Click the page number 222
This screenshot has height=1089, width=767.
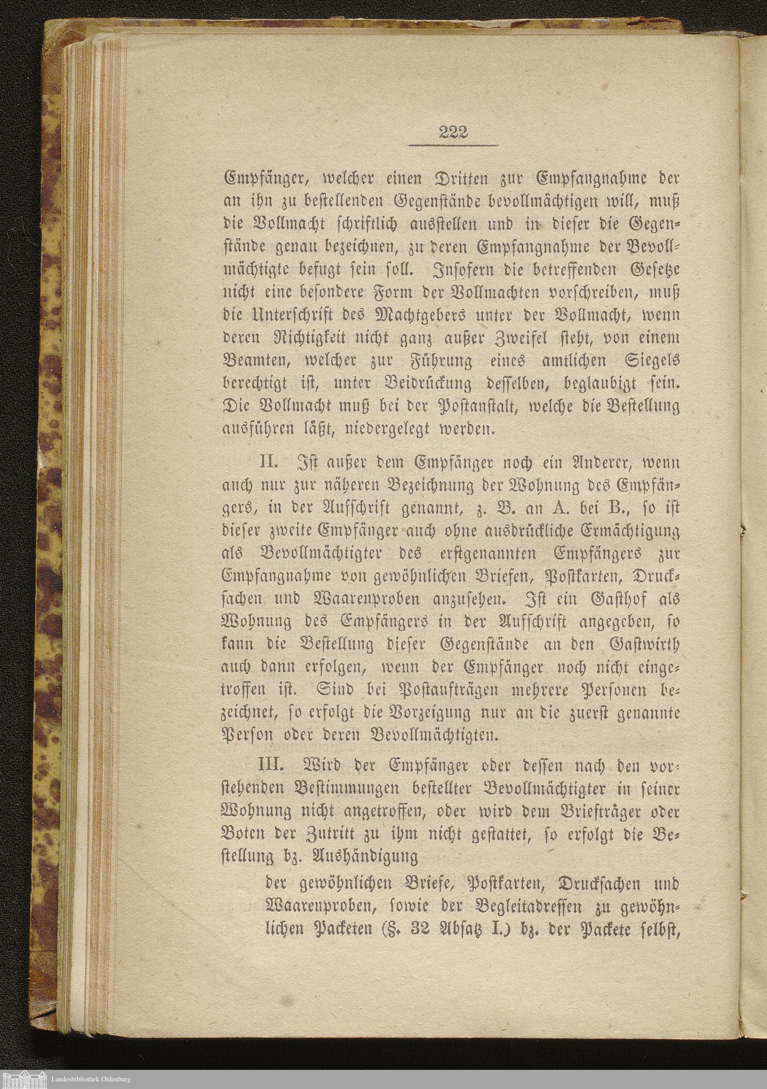[453, 132]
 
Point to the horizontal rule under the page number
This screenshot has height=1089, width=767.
[453, 145]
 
